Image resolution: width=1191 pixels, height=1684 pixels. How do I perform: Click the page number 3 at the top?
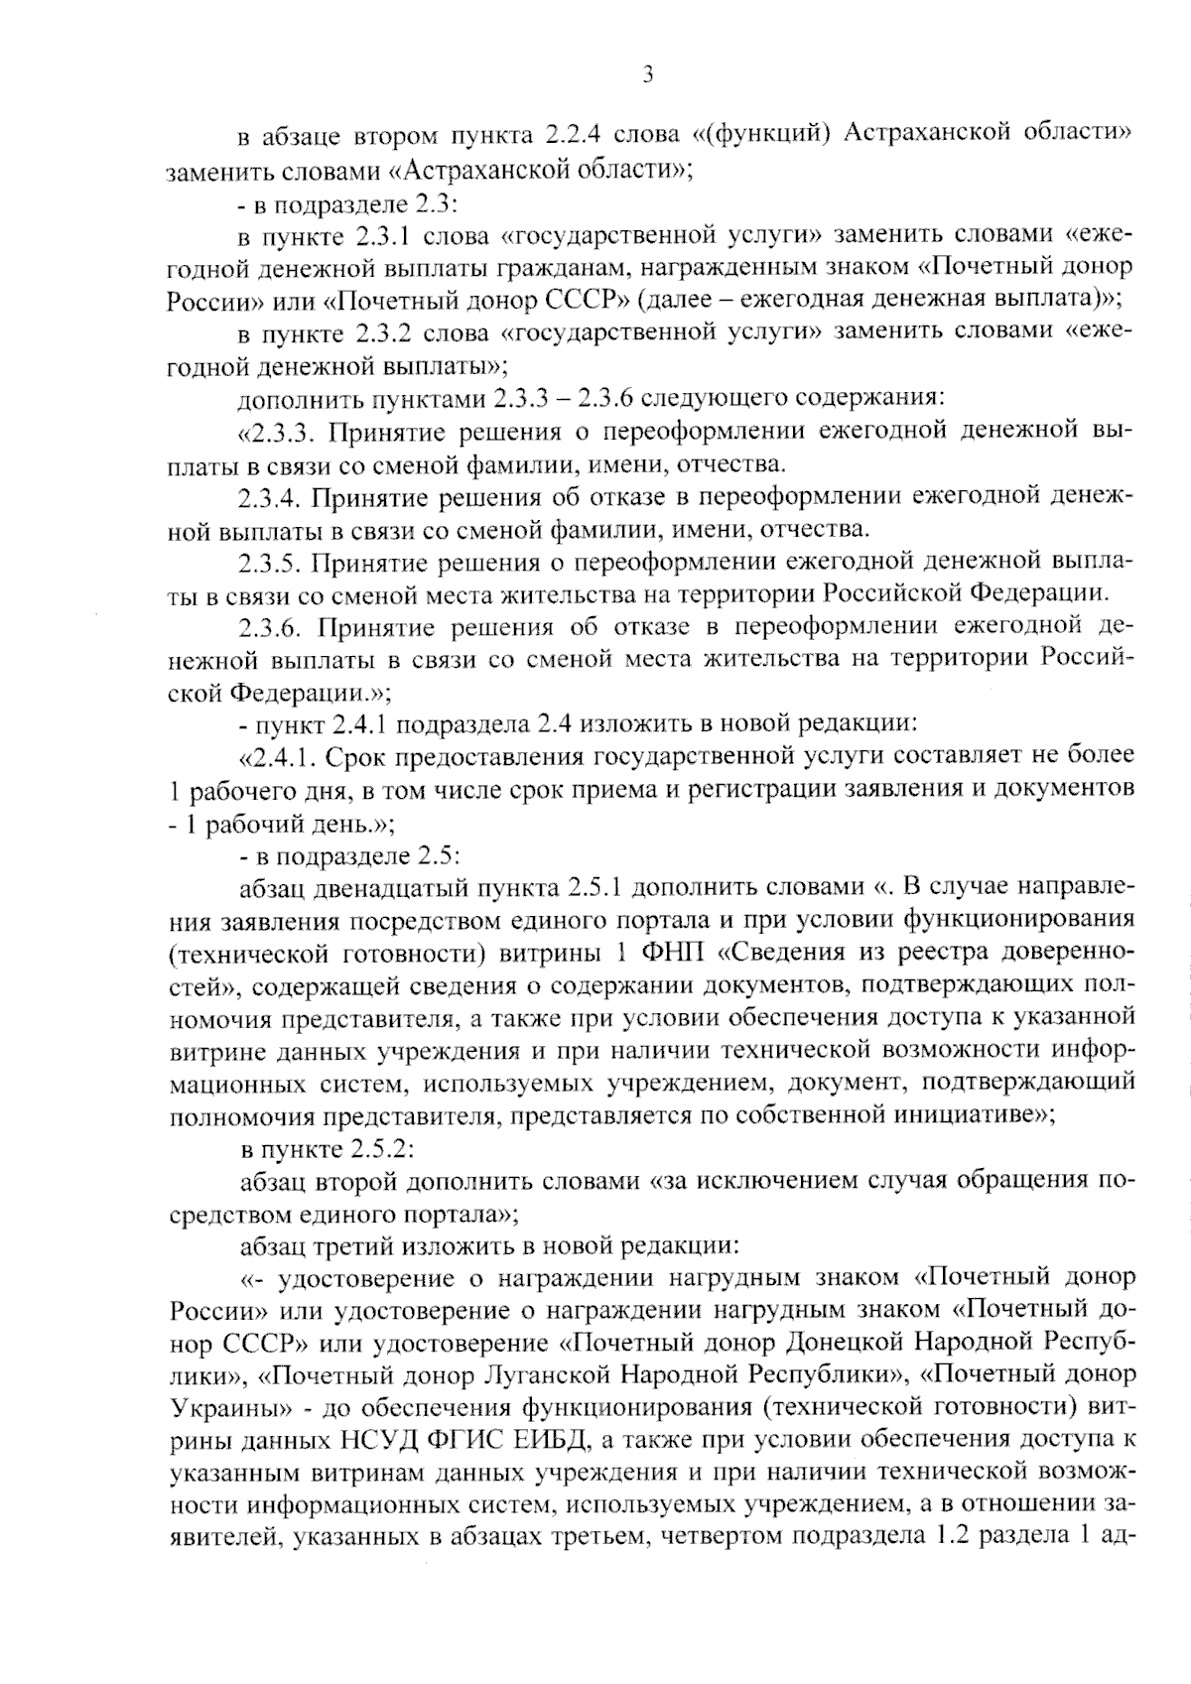(x=646, y=74)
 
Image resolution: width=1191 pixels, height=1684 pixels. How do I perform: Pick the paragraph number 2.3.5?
(x=269, y=562)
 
